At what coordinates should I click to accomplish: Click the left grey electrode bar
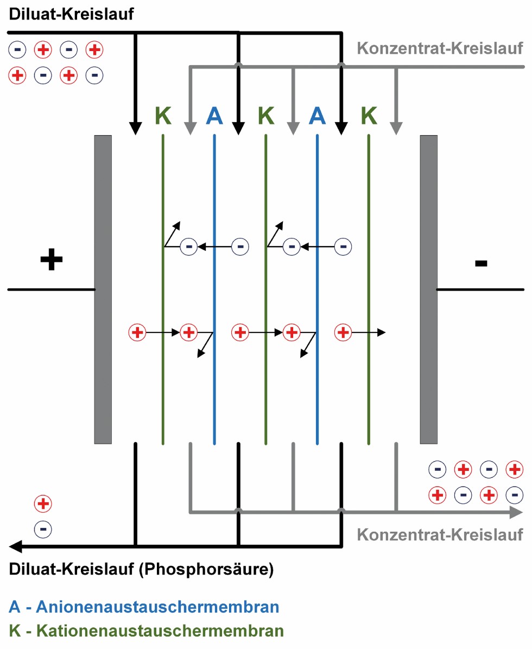coord(103,289)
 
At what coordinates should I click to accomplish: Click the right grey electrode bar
coord(428,289)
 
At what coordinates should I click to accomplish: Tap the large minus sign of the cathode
coord(481,264)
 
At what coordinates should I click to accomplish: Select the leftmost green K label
coord(163,116)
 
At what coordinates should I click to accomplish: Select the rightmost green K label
coord(369,116)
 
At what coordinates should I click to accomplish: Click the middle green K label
coord(266,116)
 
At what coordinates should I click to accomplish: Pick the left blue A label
coord(214,116)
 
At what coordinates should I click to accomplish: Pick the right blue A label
coord(317,116)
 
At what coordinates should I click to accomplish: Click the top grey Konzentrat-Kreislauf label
coord(440,48)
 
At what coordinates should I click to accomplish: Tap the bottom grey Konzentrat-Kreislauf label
coord(440,534)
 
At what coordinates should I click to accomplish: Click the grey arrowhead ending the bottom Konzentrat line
coord(516,512)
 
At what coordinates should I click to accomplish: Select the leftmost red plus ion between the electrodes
coord(137,331)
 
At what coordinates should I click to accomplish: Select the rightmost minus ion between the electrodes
coord(343,247)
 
